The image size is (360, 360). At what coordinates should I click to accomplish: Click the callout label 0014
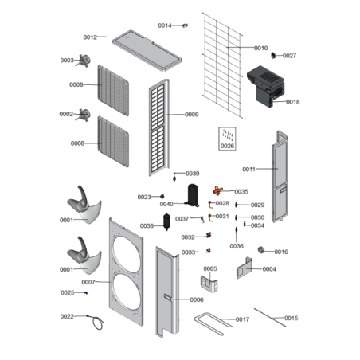click(165, 25)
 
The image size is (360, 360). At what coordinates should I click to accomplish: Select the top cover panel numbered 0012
click(147, 50)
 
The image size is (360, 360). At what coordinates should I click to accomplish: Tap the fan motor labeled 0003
click(84, 61)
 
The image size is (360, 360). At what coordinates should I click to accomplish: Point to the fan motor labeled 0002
click(84, 115)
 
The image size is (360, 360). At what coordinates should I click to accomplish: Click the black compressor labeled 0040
click(193, 195)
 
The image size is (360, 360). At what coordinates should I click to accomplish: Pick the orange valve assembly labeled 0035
click(217, 190)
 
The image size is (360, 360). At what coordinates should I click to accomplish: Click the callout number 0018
click(293, 102)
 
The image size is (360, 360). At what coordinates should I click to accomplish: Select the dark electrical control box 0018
click(265, 86)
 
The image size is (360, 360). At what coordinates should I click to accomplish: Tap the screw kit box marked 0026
click(227, 139)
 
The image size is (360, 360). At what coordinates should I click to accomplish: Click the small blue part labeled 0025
click(86, 292)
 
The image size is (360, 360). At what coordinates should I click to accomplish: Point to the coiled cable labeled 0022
click(97, 323)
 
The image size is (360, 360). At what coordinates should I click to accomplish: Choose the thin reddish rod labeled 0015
click(270, 318)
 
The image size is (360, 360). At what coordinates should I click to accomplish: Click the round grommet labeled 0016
click(261, 250)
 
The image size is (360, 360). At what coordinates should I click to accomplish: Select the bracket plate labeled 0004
click(245, 268)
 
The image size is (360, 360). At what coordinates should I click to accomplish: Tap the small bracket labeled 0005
click(209, 284)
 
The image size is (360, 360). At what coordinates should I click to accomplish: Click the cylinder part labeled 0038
click(166, 221)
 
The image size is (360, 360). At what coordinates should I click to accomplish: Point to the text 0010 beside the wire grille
click(261, 48)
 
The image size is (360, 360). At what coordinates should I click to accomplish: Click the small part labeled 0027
click(273, 56)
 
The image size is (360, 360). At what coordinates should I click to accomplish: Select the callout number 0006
click(197, 299)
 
